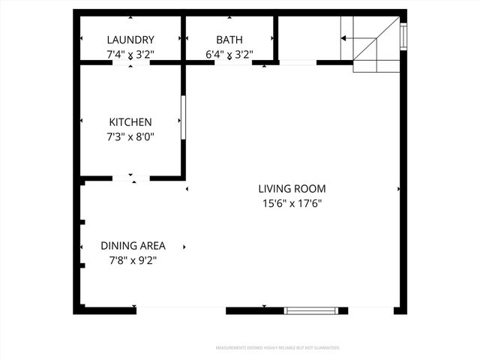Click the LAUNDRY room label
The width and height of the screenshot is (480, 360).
(130, 40)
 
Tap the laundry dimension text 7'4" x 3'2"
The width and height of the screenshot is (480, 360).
(130, 54)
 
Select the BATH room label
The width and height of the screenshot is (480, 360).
(229, 40)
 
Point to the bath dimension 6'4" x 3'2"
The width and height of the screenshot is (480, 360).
(229, 54)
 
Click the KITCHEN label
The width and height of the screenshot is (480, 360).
(130, 121)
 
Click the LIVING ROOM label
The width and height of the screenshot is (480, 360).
(292, 189)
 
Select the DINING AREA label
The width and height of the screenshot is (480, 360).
(133, 245)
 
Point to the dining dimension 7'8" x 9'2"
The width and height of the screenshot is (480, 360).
(133, 260)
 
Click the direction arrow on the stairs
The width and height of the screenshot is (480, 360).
(347, 37)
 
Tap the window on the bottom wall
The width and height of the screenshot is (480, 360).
(312, 310)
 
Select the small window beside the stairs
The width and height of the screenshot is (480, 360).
(403, 35)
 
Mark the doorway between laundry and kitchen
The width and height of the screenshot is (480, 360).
(131, 63)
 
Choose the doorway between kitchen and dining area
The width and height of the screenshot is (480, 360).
(131, 178)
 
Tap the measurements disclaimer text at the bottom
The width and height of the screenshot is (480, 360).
(277, 348)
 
